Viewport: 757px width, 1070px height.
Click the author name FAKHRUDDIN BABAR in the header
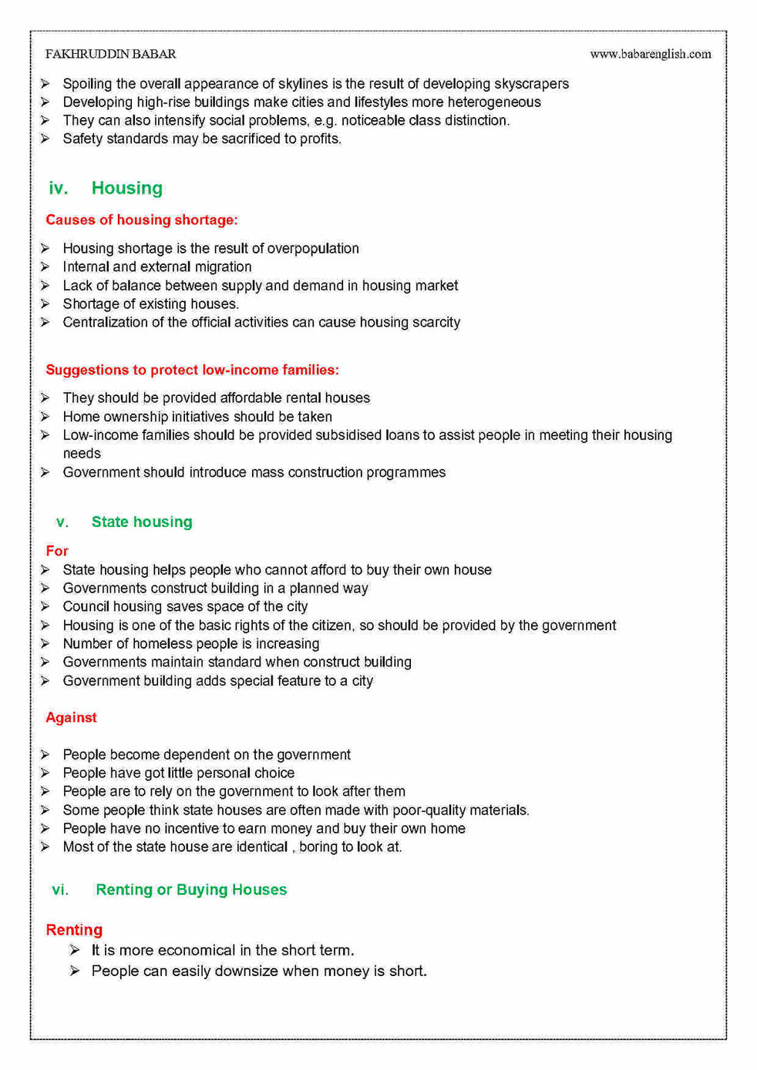(x=110, y=54)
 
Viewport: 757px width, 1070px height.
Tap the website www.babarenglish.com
(x=650, y=54)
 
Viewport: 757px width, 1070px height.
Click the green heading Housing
(x=126, y=188)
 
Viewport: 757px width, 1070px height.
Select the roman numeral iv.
(x=58, y=188)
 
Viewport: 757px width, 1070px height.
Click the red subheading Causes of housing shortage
(x=141, y=220)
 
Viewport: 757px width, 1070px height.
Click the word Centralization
(x=104, y=322)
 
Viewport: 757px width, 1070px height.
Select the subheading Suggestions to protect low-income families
(x=192, y=370)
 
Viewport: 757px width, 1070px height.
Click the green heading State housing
(x=142, y=522)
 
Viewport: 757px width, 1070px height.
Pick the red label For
(x=57, y=551)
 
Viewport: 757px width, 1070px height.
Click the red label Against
(x=71, y=717)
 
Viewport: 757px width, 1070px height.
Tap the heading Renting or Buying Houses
(x=191, y=890)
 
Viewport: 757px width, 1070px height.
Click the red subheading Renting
(x=74, y=930)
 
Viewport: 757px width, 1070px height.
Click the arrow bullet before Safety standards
(x=45, y=139)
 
